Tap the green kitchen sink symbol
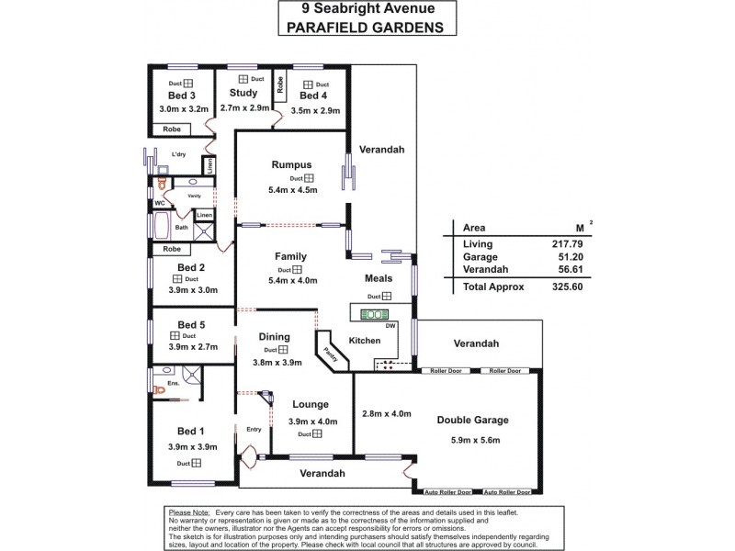(375, 315)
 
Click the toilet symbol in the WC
(163, 183)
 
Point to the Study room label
(243, 93)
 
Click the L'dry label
(177, 154)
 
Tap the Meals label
(379, 278)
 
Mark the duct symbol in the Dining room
(284, 350)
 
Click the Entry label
(254, 429)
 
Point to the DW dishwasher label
(390, 326)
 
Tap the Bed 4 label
(313, 96)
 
